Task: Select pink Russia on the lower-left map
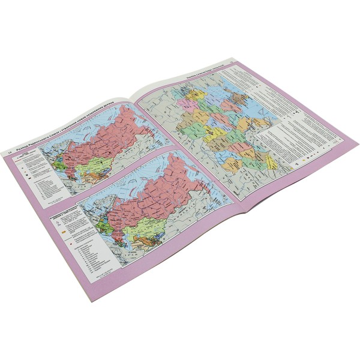click(162, 192)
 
